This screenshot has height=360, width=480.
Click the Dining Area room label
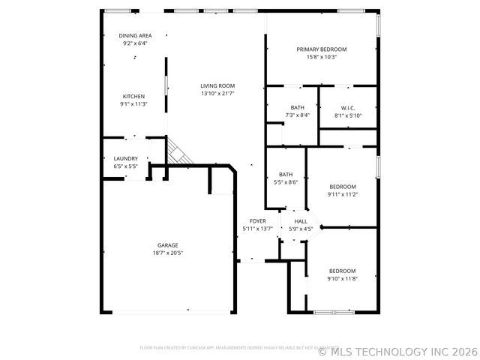coord(135,36)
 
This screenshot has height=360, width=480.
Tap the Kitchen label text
coord(133,96)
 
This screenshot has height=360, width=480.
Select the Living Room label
coord(217,85)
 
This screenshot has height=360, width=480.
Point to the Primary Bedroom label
coord(321,49)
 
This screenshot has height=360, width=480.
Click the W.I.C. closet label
coord(348,107)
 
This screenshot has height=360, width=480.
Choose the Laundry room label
coord(125,158)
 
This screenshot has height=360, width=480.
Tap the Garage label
coord(167,245)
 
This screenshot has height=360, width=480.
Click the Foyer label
coord(258,220)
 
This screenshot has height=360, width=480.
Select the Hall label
coord(301,221)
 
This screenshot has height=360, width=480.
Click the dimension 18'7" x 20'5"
coord(168,253)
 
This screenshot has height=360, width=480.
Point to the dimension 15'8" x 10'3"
coord(321,57)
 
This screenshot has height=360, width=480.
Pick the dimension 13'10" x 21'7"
coord(217,94)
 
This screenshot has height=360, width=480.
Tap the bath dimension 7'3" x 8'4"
coord(298,115)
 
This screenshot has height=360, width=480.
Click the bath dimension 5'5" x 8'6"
coord(286,182)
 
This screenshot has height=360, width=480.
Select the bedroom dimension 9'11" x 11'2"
coord(342,194)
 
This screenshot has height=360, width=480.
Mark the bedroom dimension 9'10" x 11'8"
coord(342,278)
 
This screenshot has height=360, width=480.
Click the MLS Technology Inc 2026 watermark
coord(398,349)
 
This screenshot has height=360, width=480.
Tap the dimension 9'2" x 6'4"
coord(135,44)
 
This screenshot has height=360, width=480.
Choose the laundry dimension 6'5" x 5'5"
coord(125,166)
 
